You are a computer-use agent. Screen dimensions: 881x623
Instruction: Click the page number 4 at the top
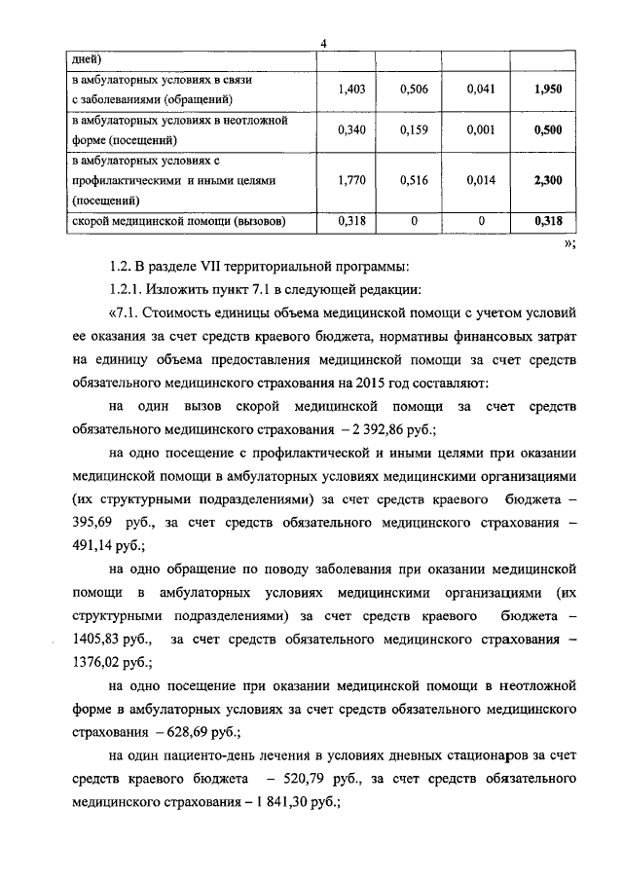[323, 40]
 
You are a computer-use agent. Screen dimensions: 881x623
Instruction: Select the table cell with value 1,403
[350, 89]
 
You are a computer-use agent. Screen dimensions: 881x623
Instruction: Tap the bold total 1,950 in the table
[549, 89]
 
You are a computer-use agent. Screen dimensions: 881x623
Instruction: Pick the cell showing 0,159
[416, 130]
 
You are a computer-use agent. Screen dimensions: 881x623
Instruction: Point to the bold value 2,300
[549, 181]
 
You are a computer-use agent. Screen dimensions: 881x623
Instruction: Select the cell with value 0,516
[416, 181]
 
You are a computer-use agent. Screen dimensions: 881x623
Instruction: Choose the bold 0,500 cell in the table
[549, 130]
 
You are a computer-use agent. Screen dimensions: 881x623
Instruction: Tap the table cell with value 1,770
[350, 181]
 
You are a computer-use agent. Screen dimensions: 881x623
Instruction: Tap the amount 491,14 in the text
[91, 546]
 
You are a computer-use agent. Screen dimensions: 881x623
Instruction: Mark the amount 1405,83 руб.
[107, 640]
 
